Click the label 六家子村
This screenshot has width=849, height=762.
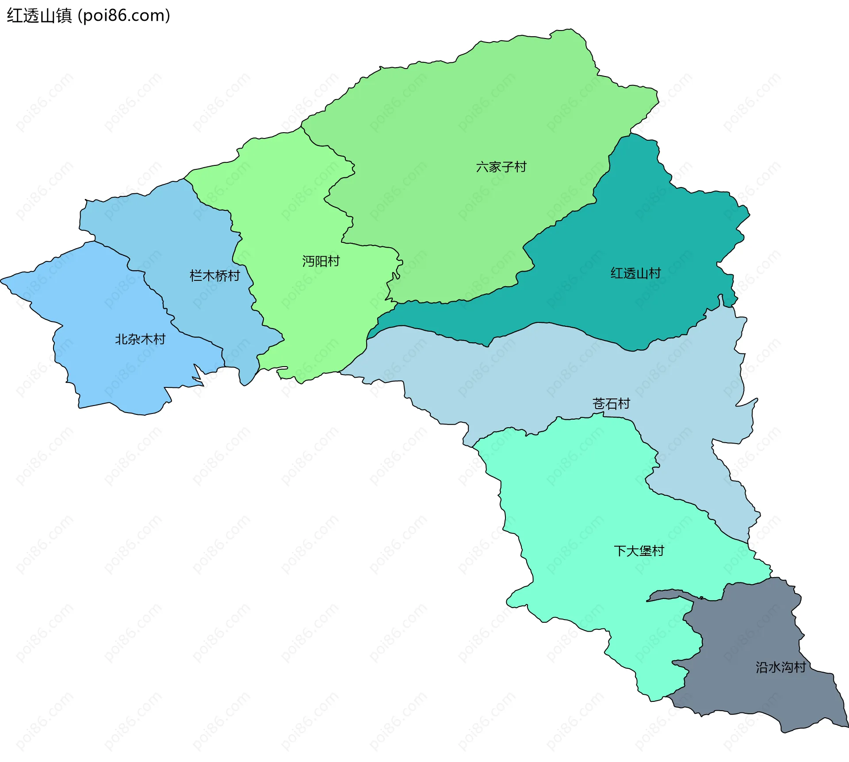coord(501,167)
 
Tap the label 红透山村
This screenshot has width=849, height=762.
coord(635,273)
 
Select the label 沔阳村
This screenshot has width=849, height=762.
coord(321,261)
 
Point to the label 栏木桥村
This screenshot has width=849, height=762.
coord(214,276)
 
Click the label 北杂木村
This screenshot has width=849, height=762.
coord(140,339)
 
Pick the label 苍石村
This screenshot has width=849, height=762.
coord(611,403)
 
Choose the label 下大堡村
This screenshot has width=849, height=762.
coord(639,551)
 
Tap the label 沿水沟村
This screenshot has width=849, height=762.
coord(780,667)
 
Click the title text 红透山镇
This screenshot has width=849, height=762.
coord(39,16)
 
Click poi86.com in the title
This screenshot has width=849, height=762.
coord(124,16)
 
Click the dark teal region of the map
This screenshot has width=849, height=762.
coord(641,230)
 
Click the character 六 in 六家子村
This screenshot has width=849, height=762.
coord(482,167)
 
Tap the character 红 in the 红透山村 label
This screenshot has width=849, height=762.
coord(617,273)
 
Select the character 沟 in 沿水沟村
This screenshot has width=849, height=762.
coord(787,667)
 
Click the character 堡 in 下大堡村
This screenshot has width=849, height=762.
coord(645,551)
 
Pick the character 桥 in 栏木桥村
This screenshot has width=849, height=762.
coord(221,276)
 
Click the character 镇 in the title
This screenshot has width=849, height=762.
coord(64,16)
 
